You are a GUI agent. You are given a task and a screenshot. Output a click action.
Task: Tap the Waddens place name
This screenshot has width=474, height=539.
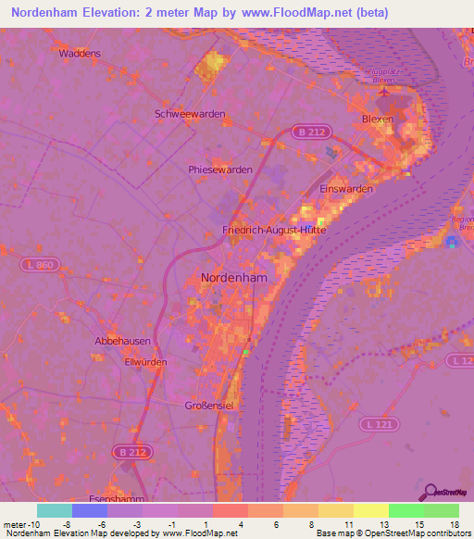pyautogui.click(x=80, y=54)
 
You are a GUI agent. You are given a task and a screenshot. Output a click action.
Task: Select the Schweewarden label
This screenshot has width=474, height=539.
pyautogui.click(x=190, y=114)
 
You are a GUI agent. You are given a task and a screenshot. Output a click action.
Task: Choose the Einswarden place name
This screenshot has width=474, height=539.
pyautogui.click(x=346, y=189)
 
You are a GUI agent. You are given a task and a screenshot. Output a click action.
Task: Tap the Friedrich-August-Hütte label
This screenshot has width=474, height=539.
pyautogui.click(x=275, y=229)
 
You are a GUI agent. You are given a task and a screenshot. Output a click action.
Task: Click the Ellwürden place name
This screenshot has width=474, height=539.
pyautogui.click(x=143, y=362)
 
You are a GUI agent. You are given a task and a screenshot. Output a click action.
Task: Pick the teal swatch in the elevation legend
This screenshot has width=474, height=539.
pyautogui.click(x=55, y=510)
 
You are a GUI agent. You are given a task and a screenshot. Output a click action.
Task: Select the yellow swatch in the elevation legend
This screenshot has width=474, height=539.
pyautogui.click(x=370, y=510)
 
